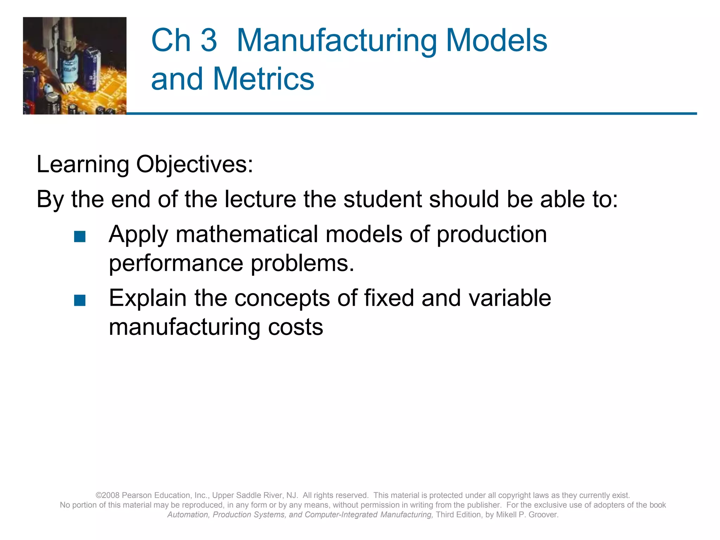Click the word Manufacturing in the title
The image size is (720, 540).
pyautogui.click(x=337, y=41)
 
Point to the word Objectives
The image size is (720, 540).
pyautogui.click(x=194, y=165)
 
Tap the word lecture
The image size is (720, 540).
pyautogui.click(x=261, y=199)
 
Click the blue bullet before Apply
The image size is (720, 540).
pyautogui.click(x=80, y=237)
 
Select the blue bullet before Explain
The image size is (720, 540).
pyautogui.click(x=80, y=301)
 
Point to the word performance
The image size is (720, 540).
pyautogui.click(x=176, y=263)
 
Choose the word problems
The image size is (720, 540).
pyautogui.click(x=302, y=263)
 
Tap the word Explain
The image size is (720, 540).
pyautogui.click(x=148, y=298)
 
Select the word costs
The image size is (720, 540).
pyautogui.click(x=295, y=327)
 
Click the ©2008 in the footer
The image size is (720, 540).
pyautogui.click(x=108, y=495)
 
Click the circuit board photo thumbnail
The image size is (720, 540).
pyautogui.click(x=75, y=66)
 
